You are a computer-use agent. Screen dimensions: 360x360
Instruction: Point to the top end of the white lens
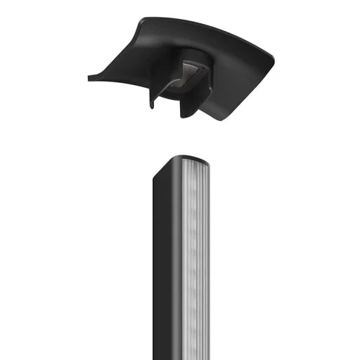point(195,163)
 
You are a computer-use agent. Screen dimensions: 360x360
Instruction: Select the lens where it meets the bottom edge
point(196,357)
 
